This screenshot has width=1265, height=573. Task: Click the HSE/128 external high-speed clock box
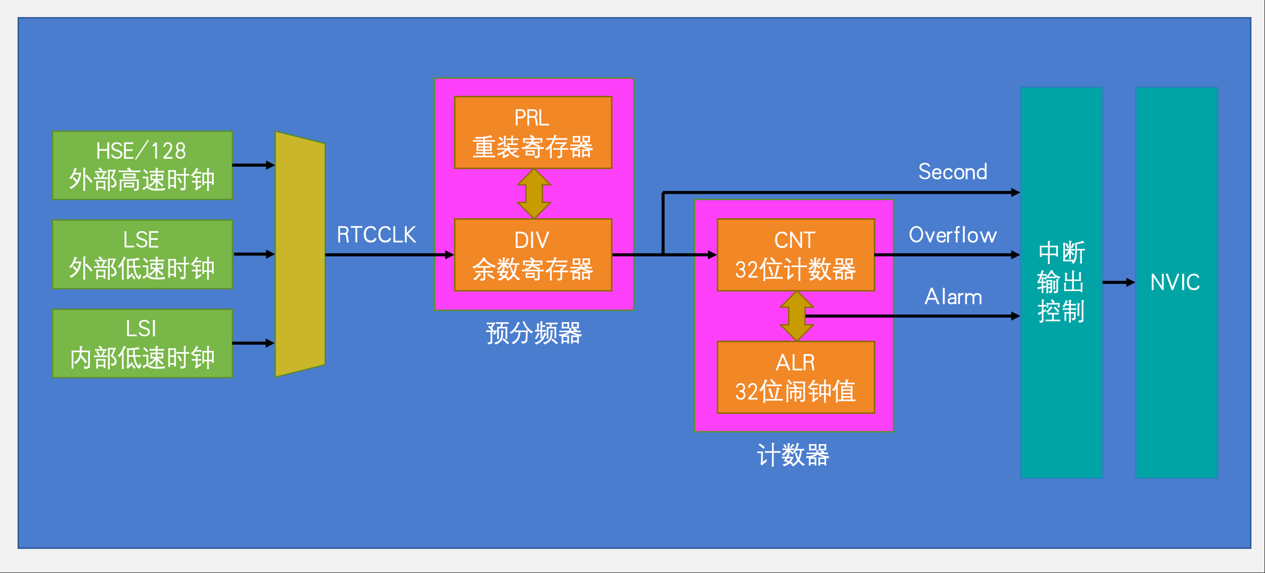(142, 166)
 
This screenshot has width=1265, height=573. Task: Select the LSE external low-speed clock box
(142, 254)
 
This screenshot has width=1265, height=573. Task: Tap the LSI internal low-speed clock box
(142, 343)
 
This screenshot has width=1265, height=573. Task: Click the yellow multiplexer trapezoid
(300, 254)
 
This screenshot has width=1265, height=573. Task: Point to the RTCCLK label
(376, 235)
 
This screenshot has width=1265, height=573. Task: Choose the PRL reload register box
(533, 132)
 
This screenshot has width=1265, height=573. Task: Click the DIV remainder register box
(533, 255)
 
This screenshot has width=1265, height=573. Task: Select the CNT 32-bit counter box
(796, 255)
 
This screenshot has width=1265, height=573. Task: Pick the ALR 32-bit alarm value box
(796, 377)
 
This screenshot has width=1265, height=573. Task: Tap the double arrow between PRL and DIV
(534, 194)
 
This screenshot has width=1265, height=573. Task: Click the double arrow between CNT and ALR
(797, 316)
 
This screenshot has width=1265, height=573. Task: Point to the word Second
(953, 172)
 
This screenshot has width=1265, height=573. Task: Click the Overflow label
(953, 235)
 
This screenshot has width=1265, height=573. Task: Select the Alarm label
(953, 297)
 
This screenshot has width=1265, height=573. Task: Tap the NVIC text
(1175, 282)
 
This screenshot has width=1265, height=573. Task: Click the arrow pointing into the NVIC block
(1119, 282)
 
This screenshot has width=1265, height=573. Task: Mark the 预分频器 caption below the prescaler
(534, 333)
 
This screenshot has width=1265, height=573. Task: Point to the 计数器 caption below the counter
(793, 455)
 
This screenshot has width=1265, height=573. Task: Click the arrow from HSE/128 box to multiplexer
(254, 165)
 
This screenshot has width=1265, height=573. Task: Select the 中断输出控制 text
(1061, 282)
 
